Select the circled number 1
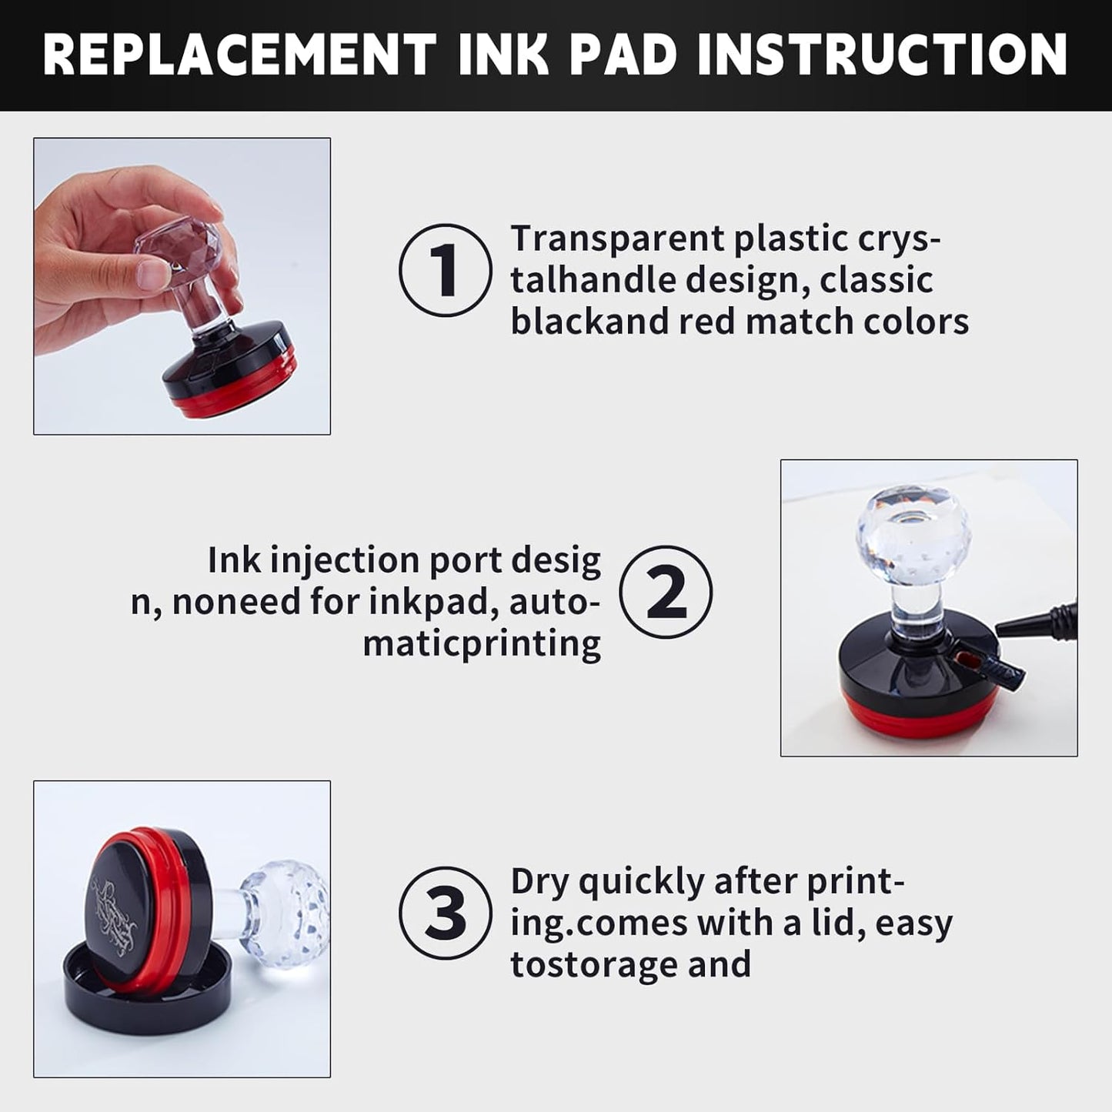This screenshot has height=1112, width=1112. point(446,270)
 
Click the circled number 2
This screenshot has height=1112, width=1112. point(666,592)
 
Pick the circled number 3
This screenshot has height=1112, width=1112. point(446,913)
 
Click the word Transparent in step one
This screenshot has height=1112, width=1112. point(617,239)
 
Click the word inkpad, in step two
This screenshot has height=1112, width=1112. point(435,602)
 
